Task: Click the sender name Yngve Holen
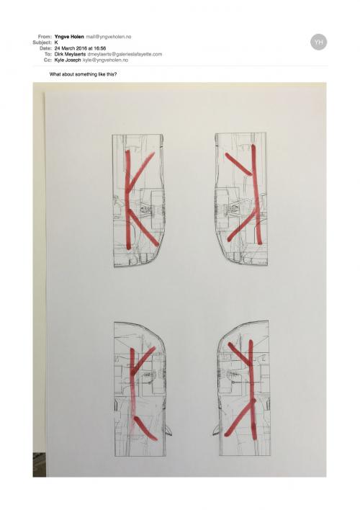69,37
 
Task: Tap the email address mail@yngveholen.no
109,37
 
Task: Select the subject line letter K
56,42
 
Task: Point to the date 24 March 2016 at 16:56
81,48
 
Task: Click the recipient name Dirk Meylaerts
71,54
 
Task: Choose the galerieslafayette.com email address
125,54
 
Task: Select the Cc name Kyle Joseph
68,61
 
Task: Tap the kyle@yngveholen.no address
105,61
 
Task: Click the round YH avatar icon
318,42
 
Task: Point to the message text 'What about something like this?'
83,74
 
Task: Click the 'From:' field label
45,37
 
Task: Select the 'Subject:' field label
42,42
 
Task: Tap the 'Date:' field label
46,48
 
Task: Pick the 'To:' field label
48,54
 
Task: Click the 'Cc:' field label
48,61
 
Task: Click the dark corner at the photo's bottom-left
39,465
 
